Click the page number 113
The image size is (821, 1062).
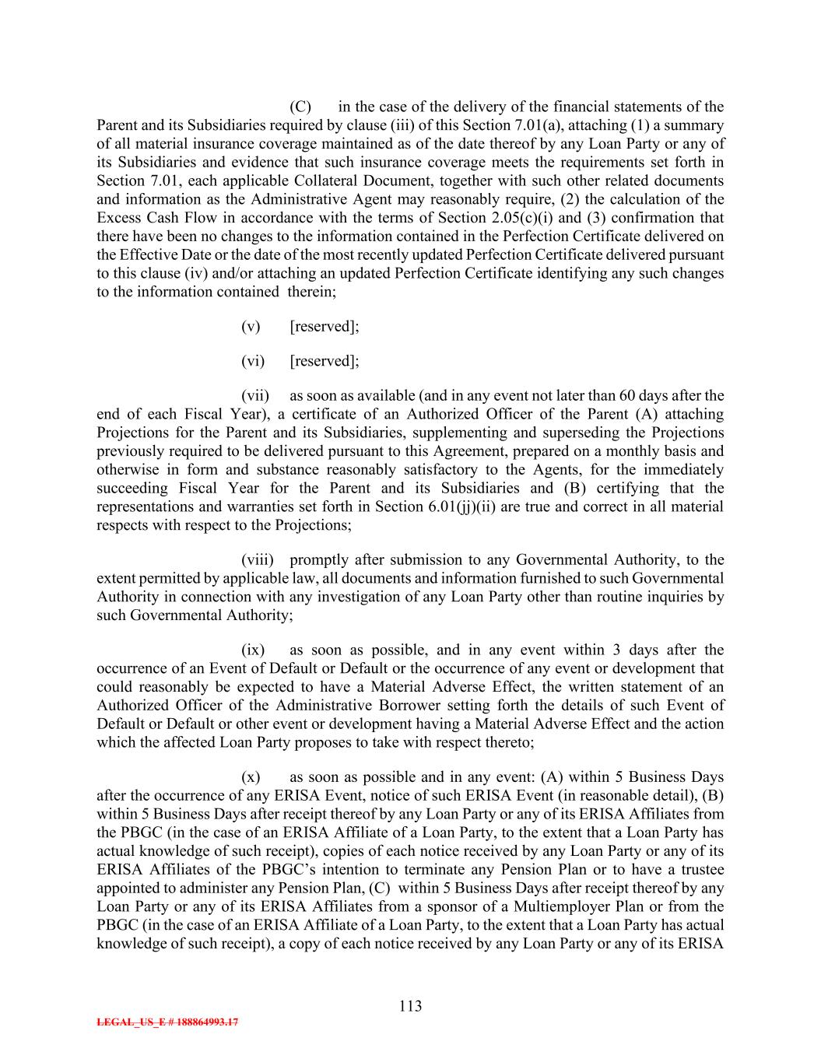pos(410,1006)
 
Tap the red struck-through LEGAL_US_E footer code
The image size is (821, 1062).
pos(167,1022)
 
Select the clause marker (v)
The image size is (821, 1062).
pos(251,327)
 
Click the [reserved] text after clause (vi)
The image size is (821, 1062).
pos(324,361)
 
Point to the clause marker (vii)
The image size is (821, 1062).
pos(254,396)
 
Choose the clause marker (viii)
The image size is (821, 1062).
pos(255,560)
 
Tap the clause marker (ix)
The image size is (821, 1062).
pos(253,650)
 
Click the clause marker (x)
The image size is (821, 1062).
pos(251,777)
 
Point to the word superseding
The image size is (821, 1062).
pos(566,433)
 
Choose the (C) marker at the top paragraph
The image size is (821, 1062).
pos(300,107)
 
